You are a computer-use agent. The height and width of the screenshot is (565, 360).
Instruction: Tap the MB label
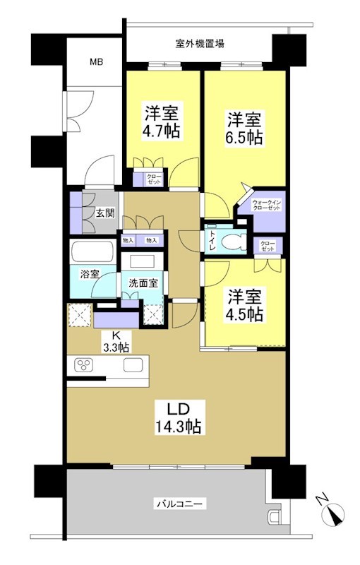(96, 63)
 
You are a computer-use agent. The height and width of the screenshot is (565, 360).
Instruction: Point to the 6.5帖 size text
(244, 137)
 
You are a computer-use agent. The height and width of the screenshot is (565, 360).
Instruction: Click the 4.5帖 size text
(246, 314)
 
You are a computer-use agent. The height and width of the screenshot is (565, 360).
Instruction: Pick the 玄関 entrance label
(104, 213)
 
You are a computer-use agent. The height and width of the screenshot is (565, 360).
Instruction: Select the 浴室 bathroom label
(89, 273)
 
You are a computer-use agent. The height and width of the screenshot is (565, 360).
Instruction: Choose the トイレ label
(211, 242)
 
